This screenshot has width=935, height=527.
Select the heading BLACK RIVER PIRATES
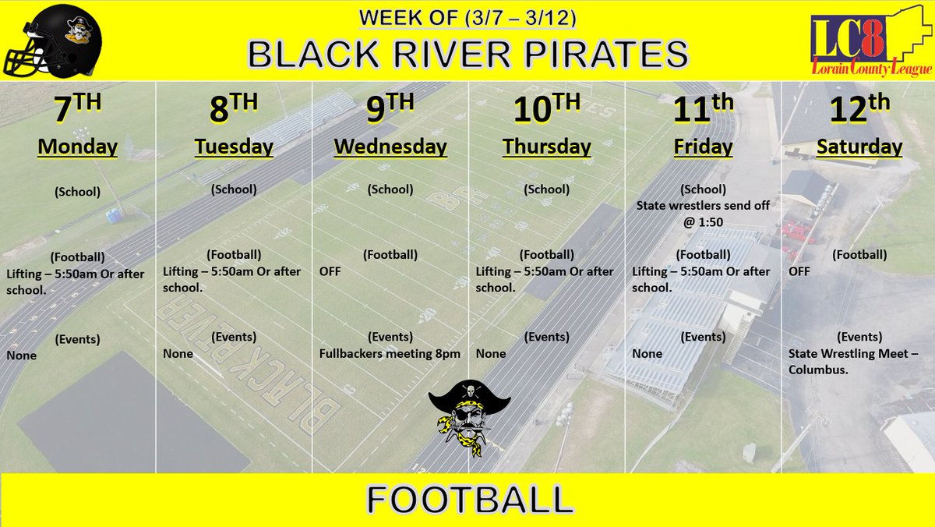coord(467,54)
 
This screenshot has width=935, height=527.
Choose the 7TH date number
coord(77,111)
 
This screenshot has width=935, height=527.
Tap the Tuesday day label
coord(234,146)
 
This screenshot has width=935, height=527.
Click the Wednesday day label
coord(390,146)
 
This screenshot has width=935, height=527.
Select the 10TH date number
coord(546,111)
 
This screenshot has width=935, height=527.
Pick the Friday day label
coord(703,146)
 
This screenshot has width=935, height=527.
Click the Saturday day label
coord(859,146)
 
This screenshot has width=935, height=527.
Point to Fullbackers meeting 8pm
coord(390,353)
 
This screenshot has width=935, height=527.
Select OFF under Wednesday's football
coord(330,271)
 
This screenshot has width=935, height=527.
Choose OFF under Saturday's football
coord(799,271)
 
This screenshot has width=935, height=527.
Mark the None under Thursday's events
coord(491,353)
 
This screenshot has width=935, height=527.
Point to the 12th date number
coord(859,111)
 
